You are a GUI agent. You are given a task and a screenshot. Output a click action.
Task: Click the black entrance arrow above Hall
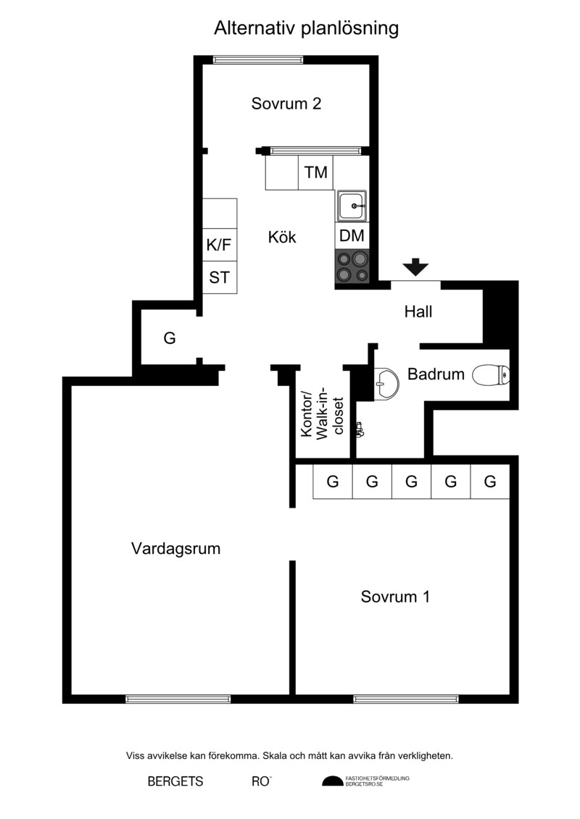pyautogui.click(x=415, y=267)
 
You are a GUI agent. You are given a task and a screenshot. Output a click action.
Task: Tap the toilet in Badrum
pyautogui.click(x=491, y=375)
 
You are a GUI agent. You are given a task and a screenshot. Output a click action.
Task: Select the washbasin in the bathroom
pyautogui.click(x=386, y=384)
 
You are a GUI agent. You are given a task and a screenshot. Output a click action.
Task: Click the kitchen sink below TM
pyautogui.click(x=352, y=205)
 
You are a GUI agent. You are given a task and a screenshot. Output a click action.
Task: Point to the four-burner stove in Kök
pyautogui.click(x=352, y=266)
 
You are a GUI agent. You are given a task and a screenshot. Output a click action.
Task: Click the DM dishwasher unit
pyautogui.click(x=352, y=235)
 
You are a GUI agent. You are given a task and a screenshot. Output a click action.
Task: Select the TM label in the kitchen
pyautogui.click(x=316, y=172)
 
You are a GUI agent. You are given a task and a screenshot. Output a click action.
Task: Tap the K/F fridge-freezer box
pyautogui.click(x=220, y=245)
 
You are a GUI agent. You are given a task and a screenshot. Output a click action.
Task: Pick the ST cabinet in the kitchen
pyautogui.click(x=220, y=277)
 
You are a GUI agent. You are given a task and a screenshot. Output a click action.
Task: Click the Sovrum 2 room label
pyautogui.click(x=286, y=104)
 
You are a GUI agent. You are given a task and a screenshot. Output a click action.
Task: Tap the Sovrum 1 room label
pyautogui.click(x=395, y=597)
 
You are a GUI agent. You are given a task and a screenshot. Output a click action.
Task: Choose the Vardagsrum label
pyautogui.click(x=175, y=548)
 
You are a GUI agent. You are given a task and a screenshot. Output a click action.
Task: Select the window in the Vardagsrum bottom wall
pyautogui.click(x=178, y=699)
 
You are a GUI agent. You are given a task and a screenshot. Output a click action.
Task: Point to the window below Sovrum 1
pyautogui.click(x=406, y=699)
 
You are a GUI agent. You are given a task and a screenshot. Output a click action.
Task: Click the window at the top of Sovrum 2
pyautogui.click(x=258, y=59)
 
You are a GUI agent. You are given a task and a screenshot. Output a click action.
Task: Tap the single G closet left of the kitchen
pyautogui.click(x=170, y=338)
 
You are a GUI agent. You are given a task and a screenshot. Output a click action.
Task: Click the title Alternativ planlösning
pyautogui.click(x=307, y=28)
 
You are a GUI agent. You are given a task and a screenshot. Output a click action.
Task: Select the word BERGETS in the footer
pyautogui.click(x=175, y=781)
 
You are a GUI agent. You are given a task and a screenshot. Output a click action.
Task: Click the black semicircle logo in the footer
pyautogui.click(x=332, y=781)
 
